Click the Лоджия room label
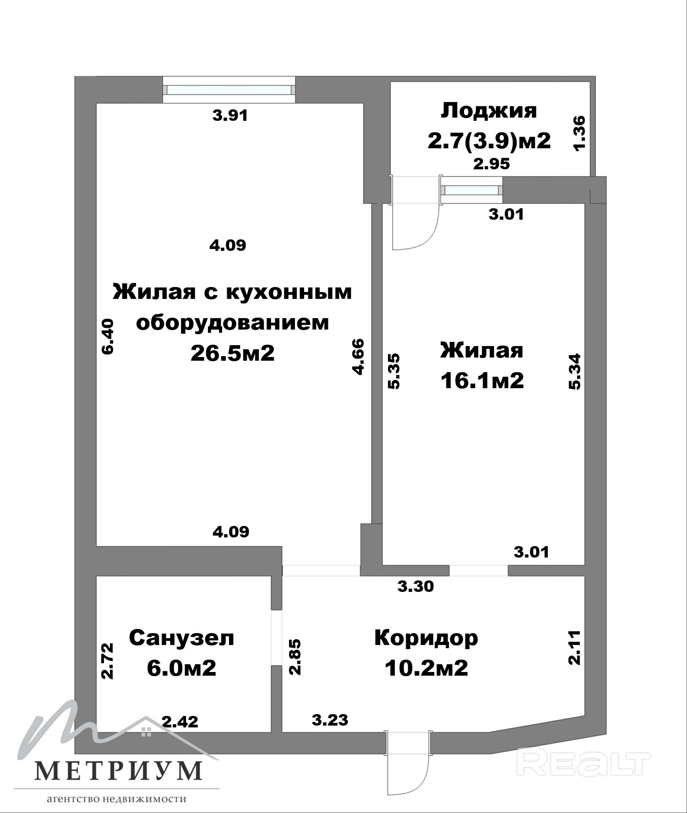click(489, 111)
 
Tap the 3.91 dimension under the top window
click(230, 115)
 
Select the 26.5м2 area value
click(233, 352)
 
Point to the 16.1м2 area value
click(482, 380)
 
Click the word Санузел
click(181, 638)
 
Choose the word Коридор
click(426, 638)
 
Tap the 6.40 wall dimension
click(108, 336)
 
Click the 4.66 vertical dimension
click(358, 357)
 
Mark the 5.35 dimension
click(393, 371)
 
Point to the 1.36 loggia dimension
click(579, 133)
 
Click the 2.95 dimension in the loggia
click(491, 163)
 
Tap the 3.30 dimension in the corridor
click(415, 586)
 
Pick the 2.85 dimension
click(295, 657)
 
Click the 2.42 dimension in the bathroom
click(180, 722)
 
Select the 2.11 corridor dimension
click(574, 647)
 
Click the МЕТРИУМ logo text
click(119, 770)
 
